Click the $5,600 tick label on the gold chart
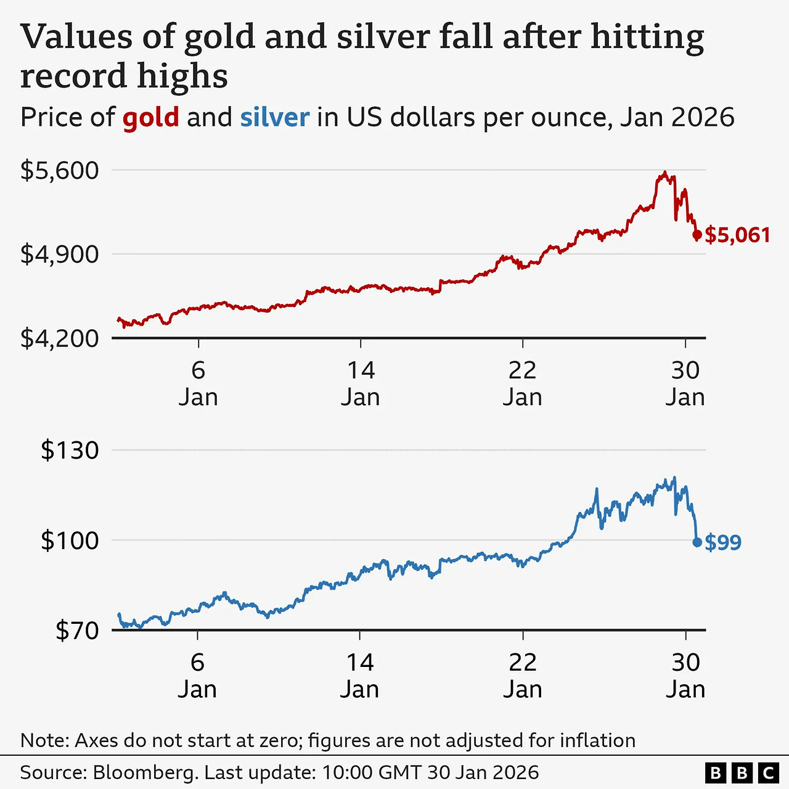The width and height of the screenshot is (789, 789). click(60, 170)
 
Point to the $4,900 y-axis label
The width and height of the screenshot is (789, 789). click(60, 254)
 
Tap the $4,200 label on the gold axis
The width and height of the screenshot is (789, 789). click(60, 338)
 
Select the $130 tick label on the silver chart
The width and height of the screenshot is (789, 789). click(70, 450)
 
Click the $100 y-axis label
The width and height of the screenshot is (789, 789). click(70, 540)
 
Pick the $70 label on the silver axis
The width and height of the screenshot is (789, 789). click(77, 630)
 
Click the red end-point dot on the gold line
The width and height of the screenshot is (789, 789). click(697, 234)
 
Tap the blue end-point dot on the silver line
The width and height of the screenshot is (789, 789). click(697, 542)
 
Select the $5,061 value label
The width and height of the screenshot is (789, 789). click(737, 235)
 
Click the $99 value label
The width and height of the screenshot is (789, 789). click(723, 542)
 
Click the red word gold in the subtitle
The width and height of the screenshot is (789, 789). click(150, 117)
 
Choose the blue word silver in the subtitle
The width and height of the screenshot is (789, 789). click(274, 117)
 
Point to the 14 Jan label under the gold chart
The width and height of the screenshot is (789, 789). click(361, 383)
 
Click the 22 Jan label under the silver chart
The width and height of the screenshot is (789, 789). click(523, 676)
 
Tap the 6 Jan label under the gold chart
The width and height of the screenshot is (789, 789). click(198, 383)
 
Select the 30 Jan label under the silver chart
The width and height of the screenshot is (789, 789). click(685, 676)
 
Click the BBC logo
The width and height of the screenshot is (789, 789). click(742, 773)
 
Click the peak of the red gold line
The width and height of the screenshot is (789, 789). click(664, 173)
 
